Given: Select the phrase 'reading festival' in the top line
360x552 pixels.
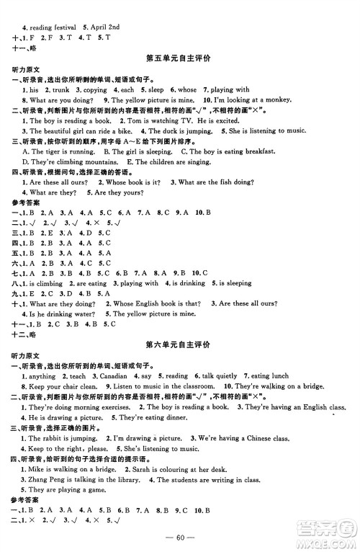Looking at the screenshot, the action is coord(49,6).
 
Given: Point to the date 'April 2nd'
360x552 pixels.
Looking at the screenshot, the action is coord(102,6).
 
